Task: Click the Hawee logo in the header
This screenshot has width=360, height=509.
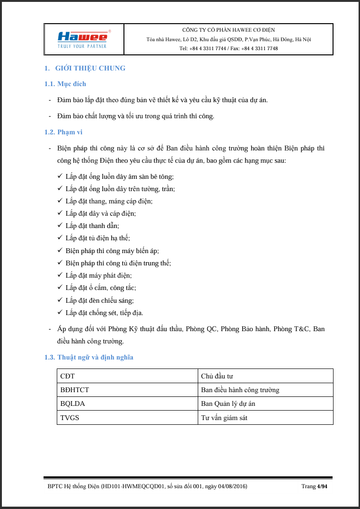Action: [x=84, y=38]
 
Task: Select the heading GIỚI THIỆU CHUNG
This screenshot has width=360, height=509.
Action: [x=90, y=68]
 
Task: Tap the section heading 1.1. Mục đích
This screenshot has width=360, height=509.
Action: [x=65, y=84]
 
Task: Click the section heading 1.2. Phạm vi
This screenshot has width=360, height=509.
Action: [x=63, y=132]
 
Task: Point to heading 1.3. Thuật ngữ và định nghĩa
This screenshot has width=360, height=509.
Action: [x=89, y=357]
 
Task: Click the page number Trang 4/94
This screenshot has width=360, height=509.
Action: [x=314, y=486]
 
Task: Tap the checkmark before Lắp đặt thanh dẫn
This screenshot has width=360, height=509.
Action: [x=60, y=226]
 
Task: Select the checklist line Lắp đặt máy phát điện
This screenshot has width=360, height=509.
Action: [x=98, y=275]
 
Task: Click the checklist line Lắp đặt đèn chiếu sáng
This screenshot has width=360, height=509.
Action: [x=99, y=300]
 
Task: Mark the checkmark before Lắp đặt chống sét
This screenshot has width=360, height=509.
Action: [x=60, y=312]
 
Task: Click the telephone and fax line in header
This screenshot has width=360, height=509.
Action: [x=228, y=48]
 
